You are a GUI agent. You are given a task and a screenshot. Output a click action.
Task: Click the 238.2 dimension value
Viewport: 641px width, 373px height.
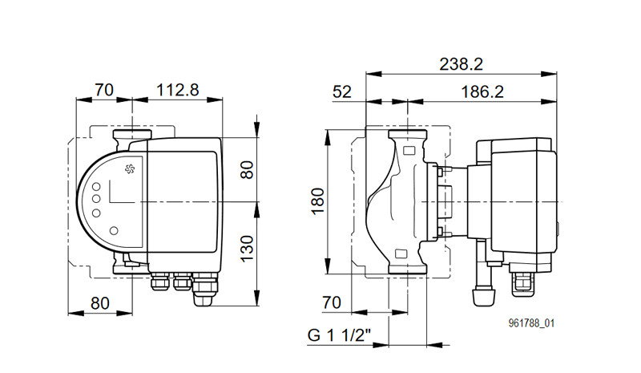click(x=461, y=64)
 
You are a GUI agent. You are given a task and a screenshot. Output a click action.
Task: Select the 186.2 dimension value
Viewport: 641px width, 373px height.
click(x=482, y=91)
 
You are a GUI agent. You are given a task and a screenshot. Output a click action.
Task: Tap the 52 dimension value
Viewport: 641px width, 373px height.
click(x=342, y=91)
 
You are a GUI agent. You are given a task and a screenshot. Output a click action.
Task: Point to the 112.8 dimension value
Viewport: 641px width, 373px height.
click(x=177, y=90)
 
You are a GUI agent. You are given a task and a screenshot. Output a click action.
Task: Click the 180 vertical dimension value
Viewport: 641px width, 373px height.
click(x=317, y=201)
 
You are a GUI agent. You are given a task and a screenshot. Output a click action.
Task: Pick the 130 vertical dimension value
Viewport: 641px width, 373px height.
click(x=247, y=249)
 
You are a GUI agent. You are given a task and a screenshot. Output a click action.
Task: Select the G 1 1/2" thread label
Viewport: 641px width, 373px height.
click(x=339, y=335)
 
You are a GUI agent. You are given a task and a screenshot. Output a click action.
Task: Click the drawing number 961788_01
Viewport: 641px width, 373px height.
click(x=531, y=323)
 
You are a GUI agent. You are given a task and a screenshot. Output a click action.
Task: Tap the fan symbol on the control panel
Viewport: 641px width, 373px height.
click(x=130, y=168)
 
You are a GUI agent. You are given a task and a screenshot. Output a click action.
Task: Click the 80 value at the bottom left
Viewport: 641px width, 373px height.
click(x=100, y=303)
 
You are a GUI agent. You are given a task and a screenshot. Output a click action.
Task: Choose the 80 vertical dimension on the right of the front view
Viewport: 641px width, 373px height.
click(x=247, y=169)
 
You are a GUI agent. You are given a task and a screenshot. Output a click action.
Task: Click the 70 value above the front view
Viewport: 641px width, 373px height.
click(x=104, y=90)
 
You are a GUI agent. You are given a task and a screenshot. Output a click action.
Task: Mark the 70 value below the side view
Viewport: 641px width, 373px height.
click(x=331, y=302)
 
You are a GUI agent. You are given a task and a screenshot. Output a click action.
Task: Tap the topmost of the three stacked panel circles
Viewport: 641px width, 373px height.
click(x=96, y=187)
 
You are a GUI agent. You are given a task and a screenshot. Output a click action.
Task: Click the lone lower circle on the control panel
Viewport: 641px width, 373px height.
click(x=114, y=230)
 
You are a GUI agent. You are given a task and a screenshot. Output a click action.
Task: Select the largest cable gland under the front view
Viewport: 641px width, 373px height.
click(x=204, y=289)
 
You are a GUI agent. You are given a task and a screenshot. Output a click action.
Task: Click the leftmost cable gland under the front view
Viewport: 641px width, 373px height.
click(x=159, y=282)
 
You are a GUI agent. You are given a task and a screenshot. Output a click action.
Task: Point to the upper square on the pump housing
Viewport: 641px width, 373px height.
click(x=409, y=150)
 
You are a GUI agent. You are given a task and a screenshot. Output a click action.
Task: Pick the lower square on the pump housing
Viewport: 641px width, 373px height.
click(x=401, y=253)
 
